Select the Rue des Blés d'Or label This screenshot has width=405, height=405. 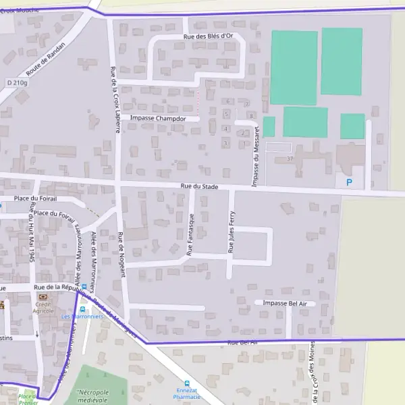click(x=208, y=36)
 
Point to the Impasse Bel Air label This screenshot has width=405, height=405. click(x=285, y=304)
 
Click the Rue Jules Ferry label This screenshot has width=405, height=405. click(x=231, y=232)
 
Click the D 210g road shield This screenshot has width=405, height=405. click(x=17, y=82)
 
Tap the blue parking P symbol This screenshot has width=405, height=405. click(x=349, y=182)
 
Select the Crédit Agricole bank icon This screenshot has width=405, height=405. click(x=44, y=296)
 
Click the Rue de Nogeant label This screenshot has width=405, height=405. click(x=122, y=255)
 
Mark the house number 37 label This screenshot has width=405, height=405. click(x=290, y=159)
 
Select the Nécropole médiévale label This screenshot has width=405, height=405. click(x=93, y=396)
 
